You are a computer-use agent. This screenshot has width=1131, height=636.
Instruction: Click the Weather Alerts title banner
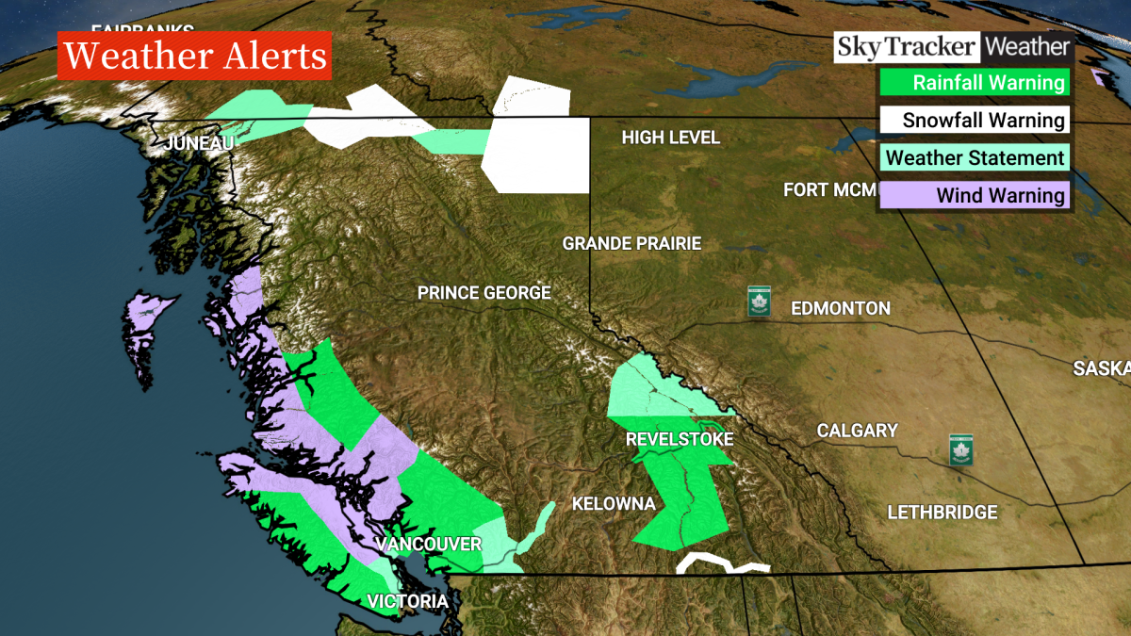tap(195, 57)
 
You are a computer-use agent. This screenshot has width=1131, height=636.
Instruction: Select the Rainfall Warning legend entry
tap(975, 82)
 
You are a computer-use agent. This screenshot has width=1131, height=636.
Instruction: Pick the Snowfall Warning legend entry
tap(975, 120)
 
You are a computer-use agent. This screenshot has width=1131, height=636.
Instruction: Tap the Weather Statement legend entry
tap(975, 157)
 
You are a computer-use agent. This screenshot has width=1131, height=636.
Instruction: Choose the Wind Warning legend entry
tap(975, 195)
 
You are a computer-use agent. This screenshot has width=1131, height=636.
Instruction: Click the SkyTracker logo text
tap(906, 46)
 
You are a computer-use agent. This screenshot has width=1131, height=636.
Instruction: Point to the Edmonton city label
tap(840, 308)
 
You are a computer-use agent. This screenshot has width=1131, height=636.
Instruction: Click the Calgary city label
tap(857, 431)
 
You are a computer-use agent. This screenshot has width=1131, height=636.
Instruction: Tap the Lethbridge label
tap(942, 513)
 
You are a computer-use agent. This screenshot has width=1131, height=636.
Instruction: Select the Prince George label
tap(484, 293)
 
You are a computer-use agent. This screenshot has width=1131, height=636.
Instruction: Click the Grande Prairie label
tap(631, 243)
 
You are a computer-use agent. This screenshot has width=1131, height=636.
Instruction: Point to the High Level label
tap(670, 138)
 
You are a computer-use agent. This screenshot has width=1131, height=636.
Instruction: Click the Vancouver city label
tap(428, 545)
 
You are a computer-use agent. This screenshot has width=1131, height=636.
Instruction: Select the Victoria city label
tap(407, 601)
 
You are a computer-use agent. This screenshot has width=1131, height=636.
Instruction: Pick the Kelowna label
tap(614, 504)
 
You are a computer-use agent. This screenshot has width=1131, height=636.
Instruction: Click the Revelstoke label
tap(679, 440)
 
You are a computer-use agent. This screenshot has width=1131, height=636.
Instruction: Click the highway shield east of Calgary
tap(960, 448)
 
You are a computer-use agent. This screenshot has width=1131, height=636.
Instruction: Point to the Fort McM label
tap(829, 190)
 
